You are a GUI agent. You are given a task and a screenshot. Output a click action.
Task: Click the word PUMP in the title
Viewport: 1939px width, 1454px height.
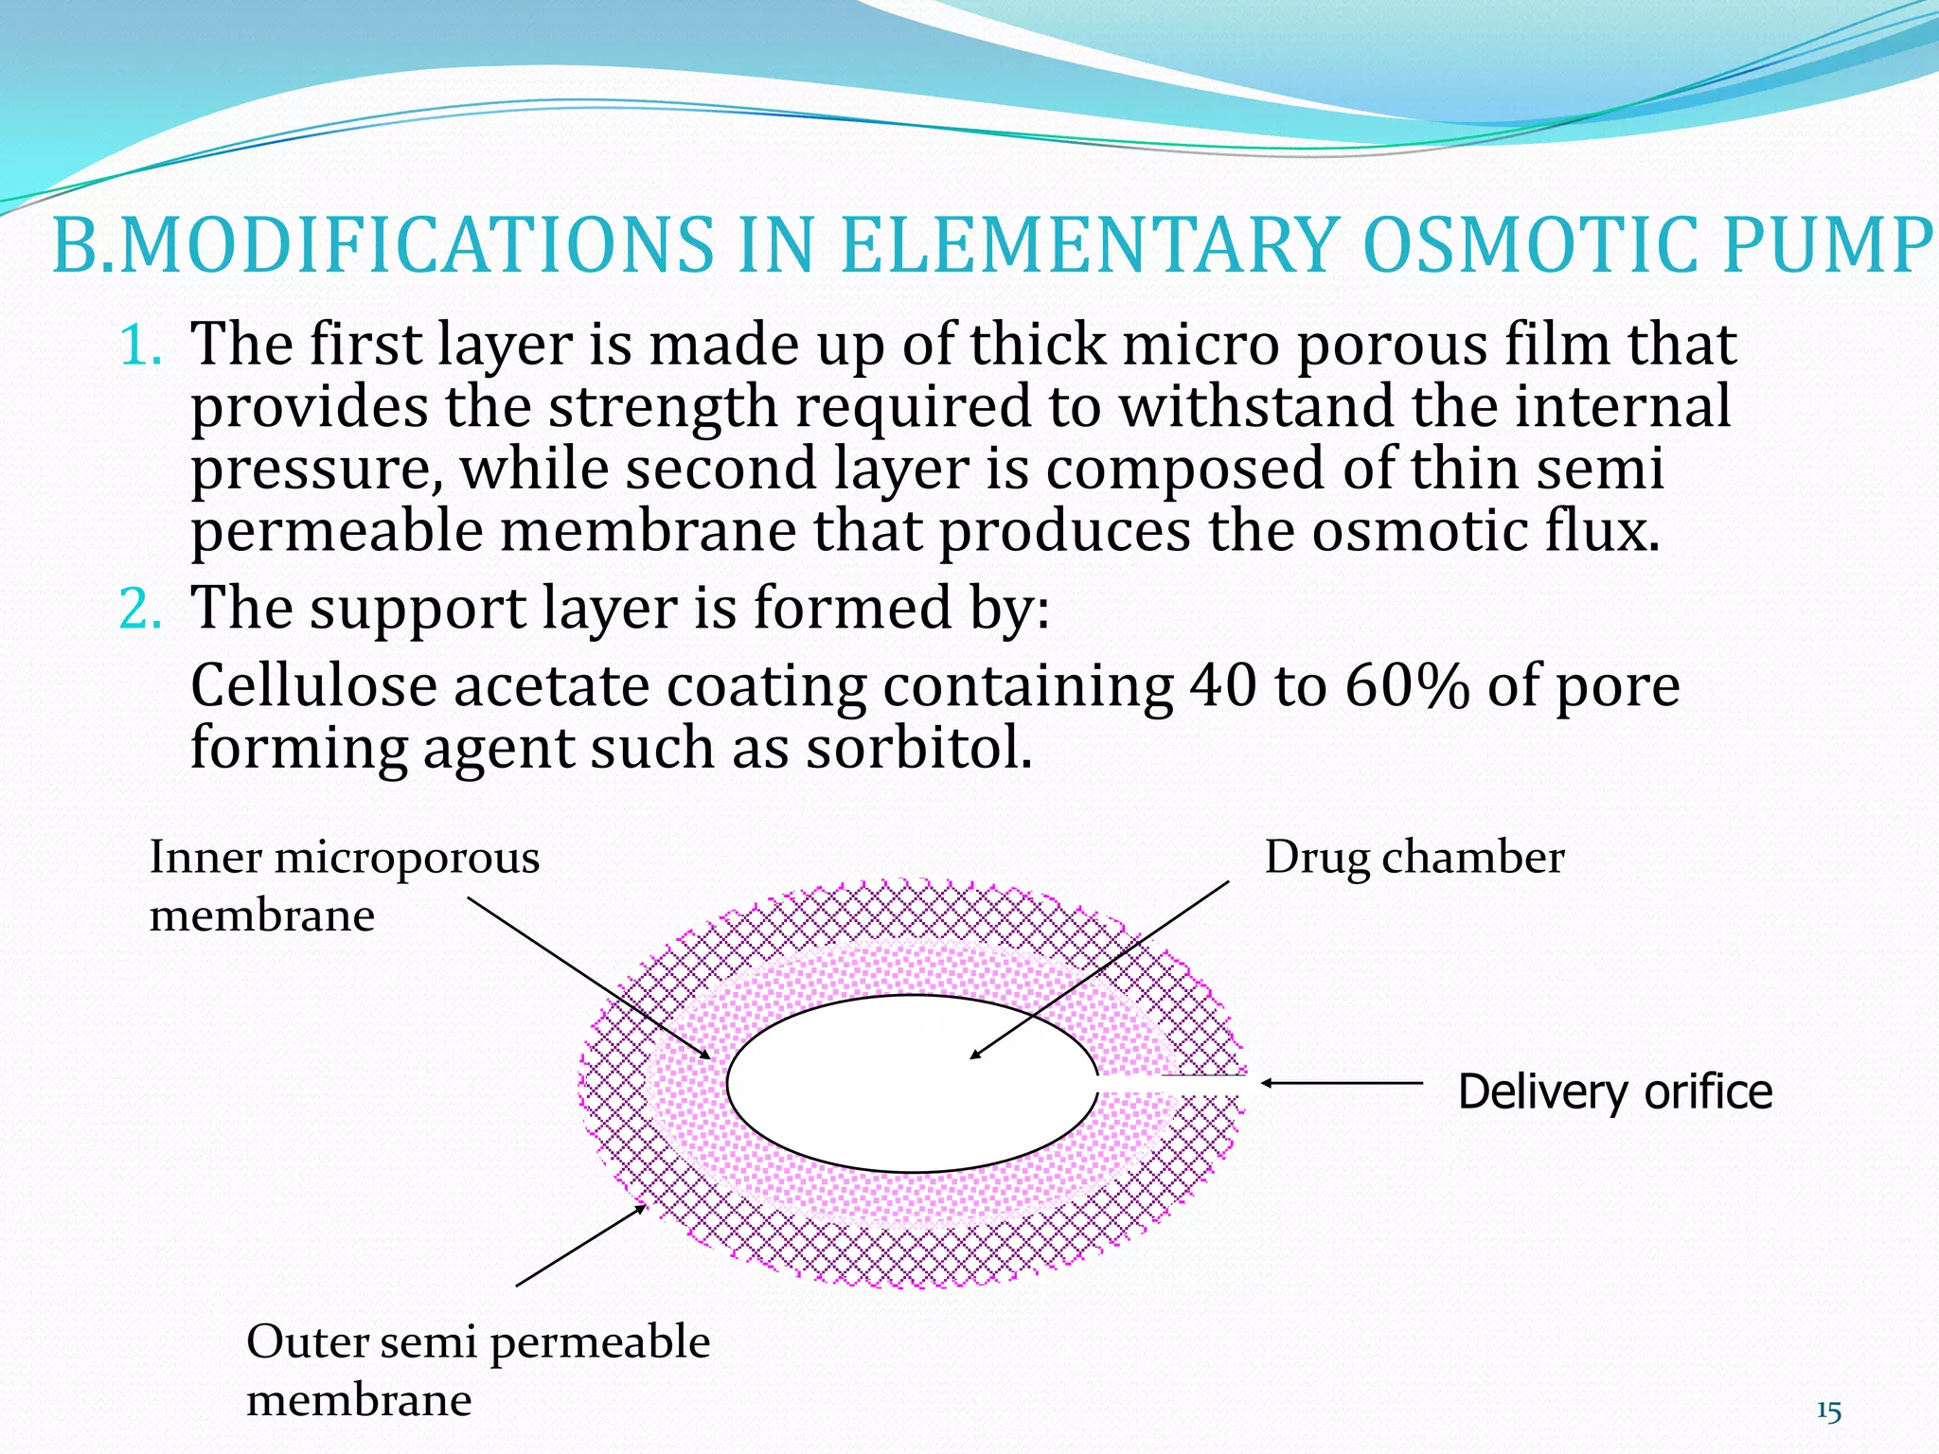click(1825, 245)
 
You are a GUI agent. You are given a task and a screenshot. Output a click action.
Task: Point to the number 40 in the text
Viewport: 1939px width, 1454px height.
click(1221, 686)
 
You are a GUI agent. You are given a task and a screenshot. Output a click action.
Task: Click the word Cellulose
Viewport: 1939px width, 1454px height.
click(312, 686)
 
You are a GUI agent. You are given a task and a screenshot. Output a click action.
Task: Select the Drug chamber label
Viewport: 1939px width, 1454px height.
click(1414, 859)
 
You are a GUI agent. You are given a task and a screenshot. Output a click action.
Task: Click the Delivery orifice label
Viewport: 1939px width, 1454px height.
click(1614, 1091)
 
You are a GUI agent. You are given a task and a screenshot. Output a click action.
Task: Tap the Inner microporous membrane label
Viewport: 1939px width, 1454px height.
click(343, 886)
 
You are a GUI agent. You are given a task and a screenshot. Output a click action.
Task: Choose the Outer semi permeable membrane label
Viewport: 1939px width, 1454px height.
click(477, 1370)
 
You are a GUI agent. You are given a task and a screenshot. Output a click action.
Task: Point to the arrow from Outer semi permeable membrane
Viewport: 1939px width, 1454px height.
click(579, 1246)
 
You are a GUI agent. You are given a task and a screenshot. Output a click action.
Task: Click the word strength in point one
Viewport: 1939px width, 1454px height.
click(663, 408)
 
